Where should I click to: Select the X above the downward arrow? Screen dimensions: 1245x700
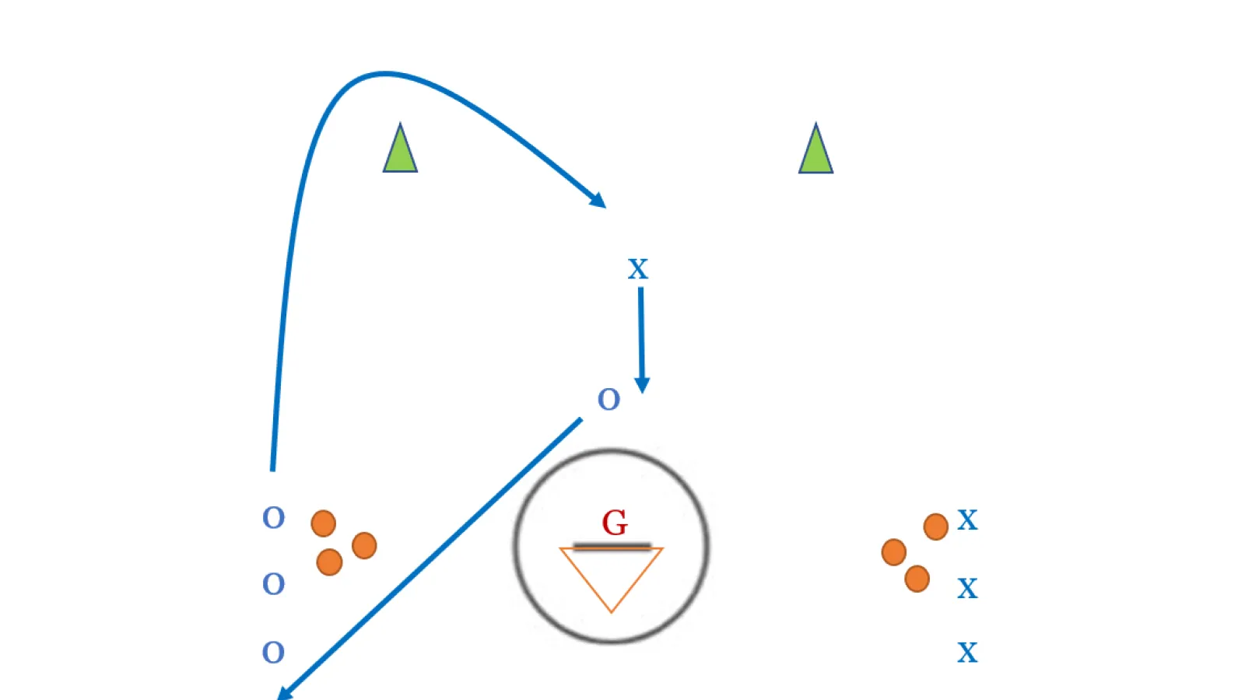638,269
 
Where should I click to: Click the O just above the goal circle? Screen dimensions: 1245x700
608,400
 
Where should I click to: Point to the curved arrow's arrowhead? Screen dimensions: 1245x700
598,201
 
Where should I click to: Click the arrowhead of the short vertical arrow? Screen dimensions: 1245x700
642,385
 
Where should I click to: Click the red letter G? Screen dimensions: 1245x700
615,523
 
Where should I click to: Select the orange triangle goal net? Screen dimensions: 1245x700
612,579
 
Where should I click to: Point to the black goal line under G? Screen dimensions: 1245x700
612,547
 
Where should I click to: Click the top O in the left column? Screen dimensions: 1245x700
273,518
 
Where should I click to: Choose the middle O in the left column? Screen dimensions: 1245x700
273,584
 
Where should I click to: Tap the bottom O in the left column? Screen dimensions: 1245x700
273,653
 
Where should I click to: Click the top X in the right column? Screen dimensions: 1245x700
968,520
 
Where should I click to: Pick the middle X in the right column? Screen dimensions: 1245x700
968,588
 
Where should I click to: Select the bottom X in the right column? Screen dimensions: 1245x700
968,653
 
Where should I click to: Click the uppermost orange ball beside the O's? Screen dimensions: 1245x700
324,523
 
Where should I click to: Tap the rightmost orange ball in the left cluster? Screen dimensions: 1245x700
365,545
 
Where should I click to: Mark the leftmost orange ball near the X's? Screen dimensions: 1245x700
894,552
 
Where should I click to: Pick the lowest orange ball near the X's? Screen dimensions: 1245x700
917,579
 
